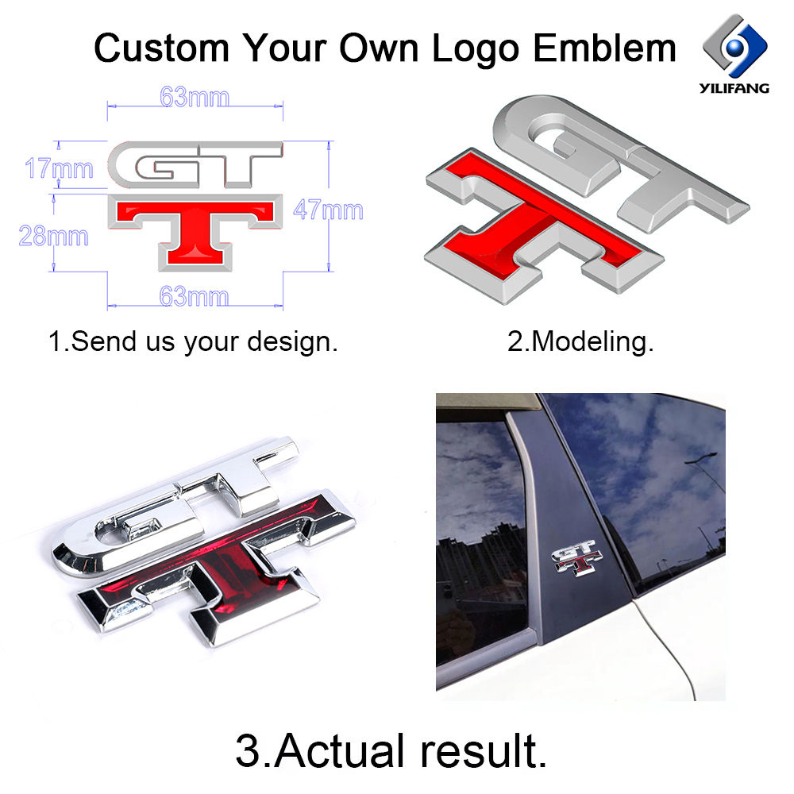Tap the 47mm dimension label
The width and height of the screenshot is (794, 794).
point(328,210)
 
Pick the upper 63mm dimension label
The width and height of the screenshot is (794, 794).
point(195,98)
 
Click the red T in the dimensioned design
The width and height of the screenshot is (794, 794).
point(195,230)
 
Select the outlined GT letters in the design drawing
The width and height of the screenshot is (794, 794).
point(195,166)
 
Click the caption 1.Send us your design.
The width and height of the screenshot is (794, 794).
point(193,342)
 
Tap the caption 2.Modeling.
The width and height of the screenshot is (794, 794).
point(580,342)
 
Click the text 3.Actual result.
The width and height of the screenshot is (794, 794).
point(391,750)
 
